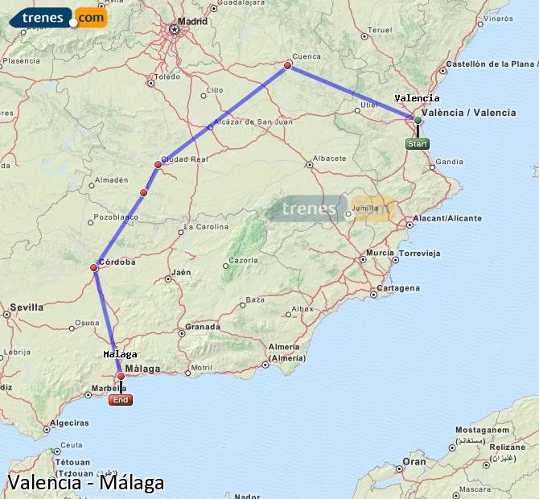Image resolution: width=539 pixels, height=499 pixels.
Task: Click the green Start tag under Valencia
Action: (417, 144)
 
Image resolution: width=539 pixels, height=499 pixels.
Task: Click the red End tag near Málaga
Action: (121, 400)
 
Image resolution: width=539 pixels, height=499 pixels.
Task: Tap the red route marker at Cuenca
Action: (288, 65)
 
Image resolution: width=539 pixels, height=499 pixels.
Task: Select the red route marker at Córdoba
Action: (94, 267)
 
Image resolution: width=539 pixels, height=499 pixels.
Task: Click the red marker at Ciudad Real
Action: (158, 164)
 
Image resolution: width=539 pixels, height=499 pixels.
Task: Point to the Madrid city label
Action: (192, 21)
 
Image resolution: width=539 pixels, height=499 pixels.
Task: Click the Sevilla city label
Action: (27, 307)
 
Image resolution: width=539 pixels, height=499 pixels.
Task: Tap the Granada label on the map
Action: (202, 327)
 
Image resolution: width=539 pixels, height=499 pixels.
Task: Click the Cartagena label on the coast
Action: (399, 287)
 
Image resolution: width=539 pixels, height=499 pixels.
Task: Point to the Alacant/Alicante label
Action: (446, 218)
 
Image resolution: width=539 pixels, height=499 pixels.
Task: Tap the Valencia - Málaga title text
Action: (85, 483)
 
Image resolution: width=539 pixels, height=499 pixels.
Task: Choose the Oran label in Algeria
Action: (414, 462)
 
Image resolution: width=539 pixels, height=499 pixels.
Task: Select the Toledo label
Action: (167, 77)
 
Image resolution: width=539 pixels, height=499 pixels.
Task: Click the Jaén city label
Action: (182, 272)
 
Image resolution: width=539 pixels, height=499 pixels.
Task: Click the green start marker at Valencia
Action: (418, 120)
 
